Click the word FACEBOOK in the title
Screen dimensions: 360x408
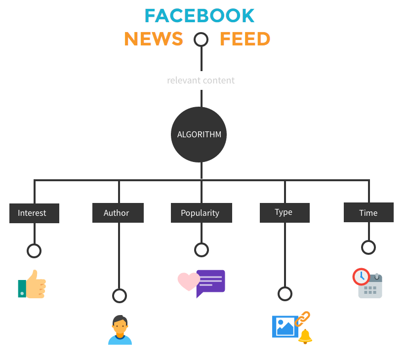point(199,16)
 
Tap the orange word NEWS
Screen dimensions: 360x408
point(154,39)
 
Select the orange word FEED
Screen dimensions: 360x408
point(245,39)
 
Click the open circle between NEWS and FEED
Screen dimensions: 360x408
point(201,40)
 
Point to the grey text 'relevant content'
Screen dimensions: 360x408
point(201,80)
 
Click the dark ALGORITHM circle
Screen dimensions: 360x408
point(199,134)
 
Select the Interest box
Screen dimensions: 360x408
point(34,213)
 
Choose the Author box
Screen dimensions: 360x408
point(118,213)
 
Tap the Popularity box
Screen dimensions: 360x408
point(200,213)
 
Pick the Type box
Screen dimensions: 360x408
point(285,212)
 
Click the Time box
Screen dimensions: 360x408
point(368,213)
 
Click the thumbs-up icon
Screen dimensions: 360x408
point(33,284)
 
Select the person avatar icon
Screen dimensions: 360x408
point(120,330)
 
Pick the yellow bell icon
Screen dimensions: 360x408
point(305,336)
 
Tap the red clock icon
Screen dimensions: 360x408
point(361,276)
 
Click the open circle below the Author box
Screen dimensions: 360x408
point(119,296)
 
